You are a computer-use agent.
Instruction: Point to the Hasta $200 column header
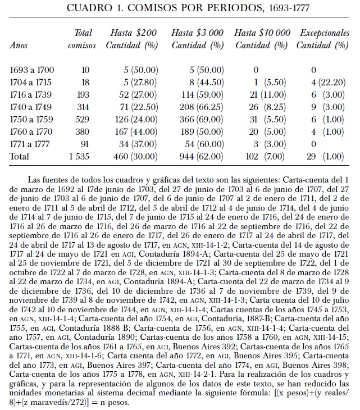pos(133,33)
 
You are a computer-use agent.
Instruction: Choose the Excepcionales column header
pos(325,33)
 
